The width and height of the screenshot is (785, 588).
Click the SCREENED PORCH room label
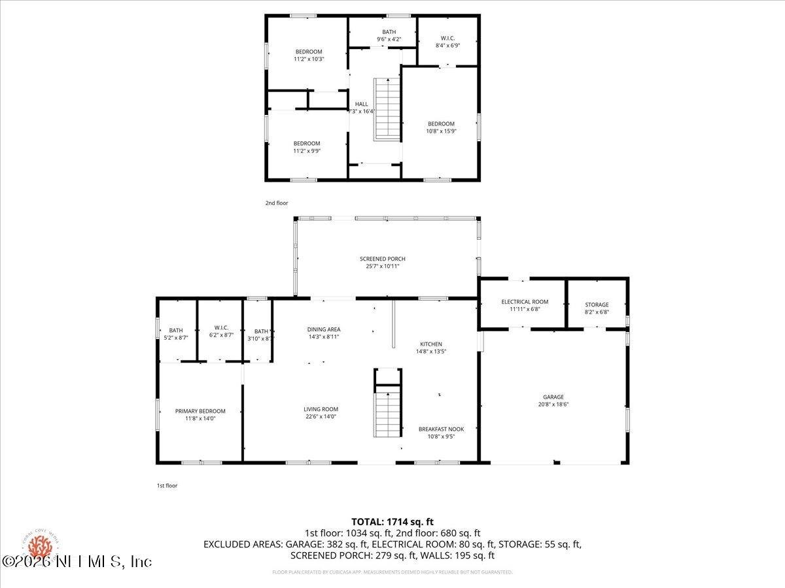387,259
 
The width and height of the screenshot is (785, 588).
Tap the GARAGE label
553,397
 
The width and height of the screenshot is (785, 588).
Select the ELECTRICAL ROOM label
525,302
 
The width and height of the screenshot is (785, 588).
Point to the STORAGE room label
597,304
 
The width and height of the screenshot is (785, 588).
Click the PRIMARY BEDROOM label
200,411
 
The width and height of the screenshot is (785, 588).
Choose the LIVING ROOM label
321,409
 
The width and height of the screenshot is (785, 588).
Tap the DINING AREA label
324,329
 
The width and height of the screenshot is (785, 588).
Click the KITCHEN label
431,344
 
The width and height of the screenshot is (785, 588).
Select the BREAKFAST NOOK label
441,429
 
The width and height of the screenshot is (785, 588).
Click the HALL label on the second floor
362,104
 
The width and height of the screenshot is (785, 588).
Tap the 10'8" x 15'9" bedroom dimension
441,131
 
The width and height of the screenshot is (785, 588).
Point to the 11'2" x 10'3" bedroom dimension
309,59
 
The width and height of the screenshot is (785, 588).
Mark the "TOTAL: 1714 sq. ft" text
392,521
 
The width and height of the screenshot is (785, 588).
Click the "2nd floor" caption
276,203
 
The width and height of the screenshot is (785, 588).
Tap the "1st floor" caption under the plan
167,485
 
